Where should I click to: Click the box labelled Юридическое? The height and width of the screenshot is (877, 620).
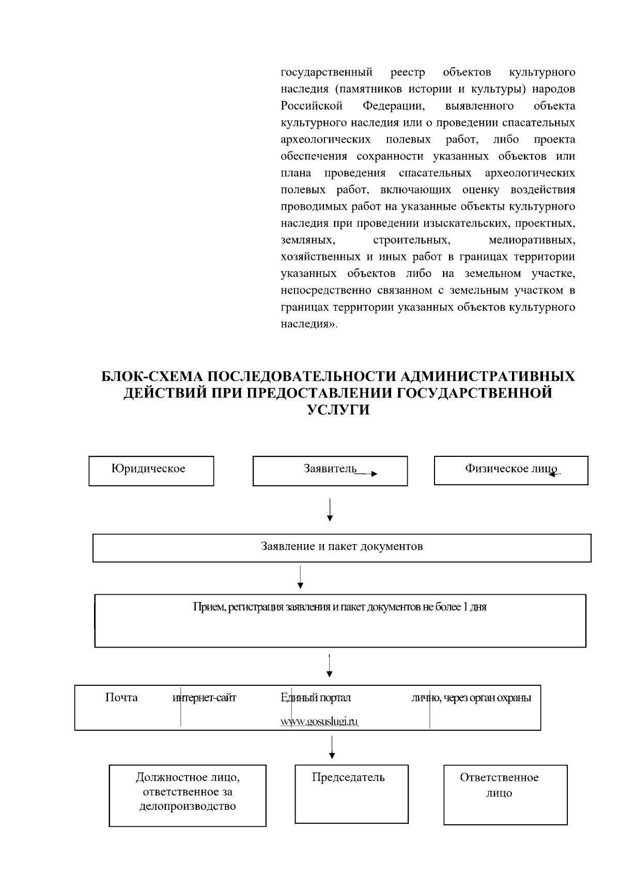click(151, 471)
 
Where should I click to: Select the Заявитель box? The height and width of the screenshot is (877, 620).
click(330, 471)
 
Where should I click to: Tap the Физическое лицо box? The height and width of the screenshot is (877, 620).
click(510, 470)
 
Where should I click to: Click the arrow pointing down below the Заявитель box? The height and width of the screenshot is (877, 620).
click(330, 510)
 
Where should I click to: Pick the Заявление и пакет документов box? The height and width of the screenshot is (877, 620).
click(342, 547)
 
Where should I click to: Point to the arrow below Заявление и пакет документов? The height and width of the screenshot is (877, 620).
click(300, 577)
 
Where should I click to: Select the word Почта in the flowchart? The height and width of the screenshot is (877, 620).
click(121, 698)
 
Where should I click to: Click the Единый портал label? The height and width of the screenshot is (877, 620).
click(316, 698)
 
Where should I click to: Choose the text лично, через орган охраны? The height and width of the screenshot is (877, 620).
click(471, 698)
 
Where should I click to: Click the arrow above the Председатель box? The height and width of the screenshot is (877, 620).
click(331, 747)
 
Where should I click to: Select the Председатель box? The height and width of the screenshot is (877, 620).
click(351, 793)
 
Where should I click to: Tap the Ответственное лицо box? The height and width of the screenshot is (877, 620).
click(505, 794)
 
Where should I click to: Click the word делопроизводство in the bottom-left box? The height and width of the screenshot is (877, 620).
click(188, 806)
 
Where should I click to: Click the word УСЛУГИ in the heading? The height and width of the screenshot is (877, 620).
click(338, 410)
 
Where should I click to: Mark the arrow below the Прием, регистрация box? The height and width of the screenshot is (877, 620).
click(330, 666)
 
